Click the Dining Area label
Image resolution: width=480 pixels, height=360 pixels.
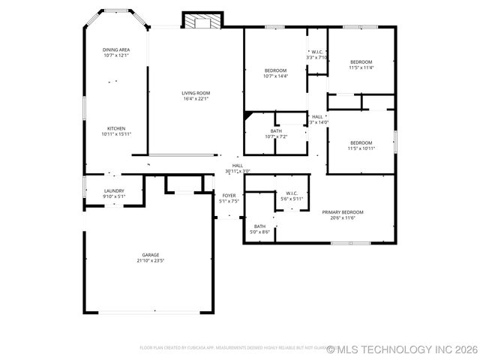pyautogui.click(x=116, y=49)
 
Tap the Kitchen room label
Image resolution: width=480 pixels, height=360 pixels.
pyautogui.click(x=116, y=128)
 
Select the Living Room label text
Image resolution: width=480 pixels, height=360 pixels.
pyautogui.click(x=196, y=93)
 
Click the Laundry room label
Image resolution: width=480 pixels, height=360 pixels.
pyautogui.click(x=114, y=191)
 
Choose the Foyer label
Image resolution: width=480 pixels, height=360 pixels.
pyautogui.click(x=229, y=196)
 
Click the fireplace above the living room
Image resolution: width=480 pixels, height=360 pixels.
pyautogui.click(x=199, y=21)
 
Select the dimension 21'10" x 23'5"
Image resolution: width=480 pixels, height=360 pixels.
pyautogui.click(x=151, y=261)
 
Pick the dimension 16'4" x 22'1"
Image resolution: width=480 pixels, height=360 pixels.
pyautogui.click(x=196, y=99)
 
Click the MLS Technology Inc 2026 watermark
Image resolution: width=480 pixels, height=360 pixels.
pyautogui.click(x=401, y=349)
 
